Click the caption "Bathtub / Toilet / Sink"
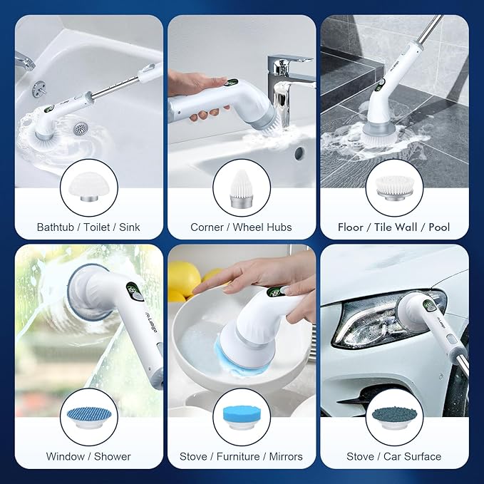[x=88, y=227]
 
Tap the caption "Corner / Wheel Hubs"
[x=241, y=227]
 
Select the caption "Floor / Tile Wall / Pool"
[x=393, y=227]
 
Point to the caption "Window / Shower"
[x=88, y=456]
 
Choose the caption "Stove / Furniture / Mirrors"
[x=241, y=456]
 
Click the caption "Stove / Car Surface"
[x=393, y=456]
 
